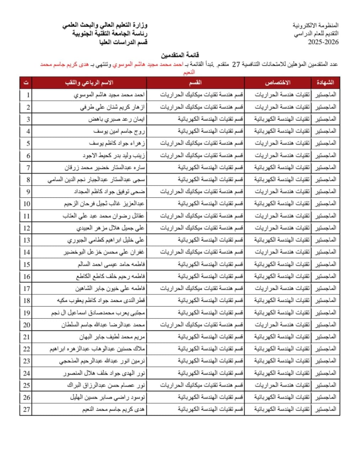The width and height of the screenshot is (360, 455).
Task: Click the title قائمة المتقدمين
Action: pyautogui.click(x=180, y=55)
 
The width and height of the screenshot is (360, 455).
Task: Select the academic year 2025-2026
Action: pyautogui.click(x=323, y=42)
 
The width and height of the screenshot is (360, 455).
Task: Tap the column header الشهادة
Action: pyautogui.click(x=325, y=82)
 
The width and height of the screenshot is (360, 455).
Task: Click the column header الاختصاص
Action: pyautogui.click(x=278, y=82)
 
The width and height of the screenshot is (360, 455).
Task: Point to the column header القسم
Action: pyautogui.click(x=195, y=82)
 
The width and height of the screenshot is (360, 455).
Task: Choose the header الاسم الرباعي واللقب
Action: pyautogui.click(x=89, y=82)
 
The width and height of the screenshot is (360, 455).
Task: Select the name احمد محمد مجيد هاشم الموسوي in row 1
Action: pyautogui.click(x=109, y=95)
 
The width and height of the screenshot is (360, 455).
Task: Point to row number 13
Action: pyautogui.click(x=27, y=240)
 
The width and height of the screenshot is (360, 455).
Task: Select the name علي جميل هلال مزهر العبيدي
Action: pyautogui.click(x=111, y=228)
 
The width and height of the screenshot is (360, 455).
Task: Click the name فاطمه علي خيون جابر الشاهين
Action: pyautogui.click(x=110, y=288)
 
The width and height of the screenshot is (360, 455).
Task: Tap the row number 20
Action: pyautogui.click(x=27, y=325)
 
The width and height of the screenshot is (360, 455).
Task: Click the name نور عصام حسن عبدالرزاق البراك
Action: pyautogui.click(x=106, y=385)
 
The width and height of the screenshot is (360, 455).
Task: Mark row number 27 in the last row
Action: pyautogui.click(x=27, y=409)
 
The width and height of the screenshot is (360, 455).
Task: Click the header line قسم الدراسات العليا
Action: pyautogui.click(x=124, y=42)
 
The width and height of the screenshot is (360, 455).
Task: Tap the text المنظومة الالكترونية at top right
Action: pyautogui.click(x=316, y=25)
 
